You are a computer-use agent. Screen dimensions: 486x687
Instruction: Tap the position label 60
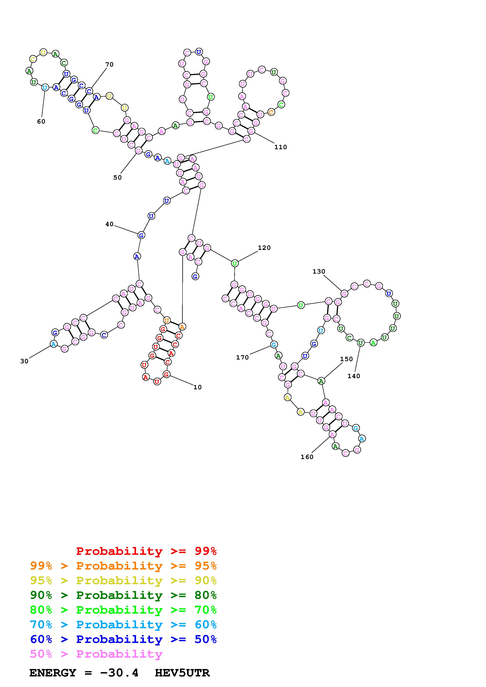pyautogui.click(x=41, y=121)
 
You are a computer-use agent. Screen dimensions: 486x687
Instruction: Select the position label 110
pyautogui.click(x=281, y=147)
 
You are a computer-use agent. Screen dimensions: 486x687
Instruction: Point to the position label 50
pyautogui.click(x=117, y=177)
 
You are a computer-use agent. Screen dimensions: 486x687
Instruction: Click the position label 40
pyautogui.click(x=109, y=224)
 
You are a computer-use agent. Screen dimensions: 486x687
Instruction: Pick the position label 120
pyautogui.click(x=264, y=248)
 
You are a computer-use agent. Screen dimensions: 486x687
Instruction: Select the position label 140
pyautogui.click(x=354, y=376)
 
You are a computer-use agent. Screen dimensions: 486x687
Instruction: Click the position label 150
pyautogui.click(x=346, y=359)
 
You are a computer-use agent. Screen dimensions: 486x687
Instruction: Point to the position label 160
pyautogui.click(x=307, y=457)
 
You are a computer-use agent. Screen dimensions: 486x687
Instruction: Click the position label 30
pyautogui.click(x=24, y=361)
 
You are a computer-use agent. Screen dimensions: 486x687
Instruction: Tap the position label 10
pyautogui.click(x=197, y=387)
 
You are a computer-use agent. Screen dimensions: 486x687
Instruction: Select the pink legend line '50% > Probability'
pyautogui.click(x=96, y=654)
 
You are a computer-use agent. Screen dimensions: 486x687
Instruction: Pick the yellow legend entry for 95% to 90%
pyautogui.click(x=123, y=580)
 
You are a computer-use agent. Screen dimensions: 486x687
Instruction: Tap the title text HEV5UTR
pyautogui.click(x=182, y=673)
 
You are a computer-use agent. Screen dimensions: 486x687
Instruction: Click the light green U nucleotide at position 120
pyautogui.click(x=235, y=264)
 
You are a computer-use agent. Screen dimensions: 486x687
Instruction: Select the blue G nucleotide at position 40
pyautogui.click(x=141, y=235)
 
